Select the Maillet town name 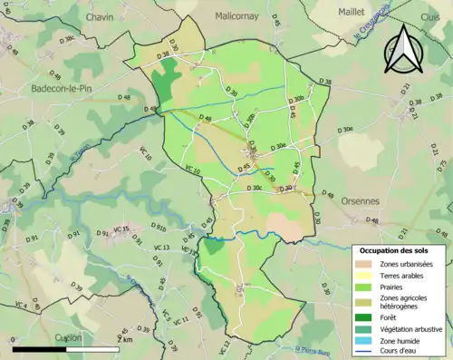click(351, 13)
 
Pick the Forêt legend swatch click(367, 316)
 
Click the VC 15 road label click(121, 229)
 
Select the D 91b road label click(158, 229)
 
